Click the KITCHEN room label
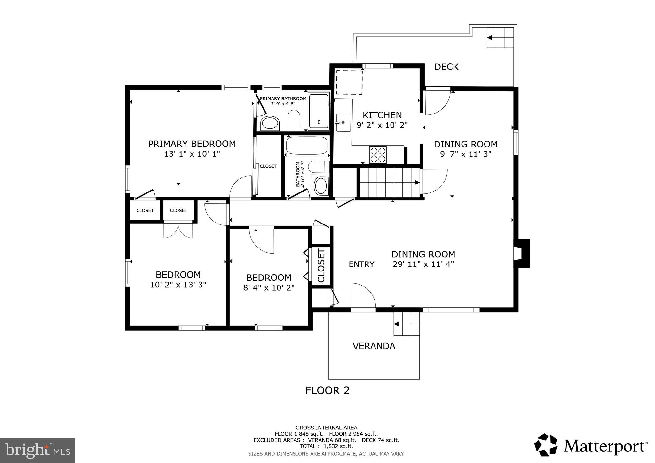tap(382, 115)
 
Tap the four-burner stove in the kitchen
tap(378, 155)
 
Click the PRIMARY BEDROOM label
tap(192, 144)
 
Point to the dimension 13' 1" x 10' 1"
tap(192, 154)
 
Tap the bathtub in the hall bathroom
tap(307, 145)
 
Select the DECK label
tap(446, 67)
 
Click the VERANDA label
tap(374, 346)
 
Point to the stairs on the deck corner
tap(500, 37)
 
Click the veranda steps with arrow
tap(406, 324)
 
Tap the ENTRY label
tap(361, 264)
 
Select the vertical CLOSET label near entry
tap(321, 266)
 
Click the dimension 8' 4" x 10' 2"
tap(269, 287)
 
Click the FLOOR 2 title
tap(327, 390)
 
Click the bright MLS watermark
tap(37, 451)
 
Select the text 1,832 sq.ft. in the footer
tap(338, 446)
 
